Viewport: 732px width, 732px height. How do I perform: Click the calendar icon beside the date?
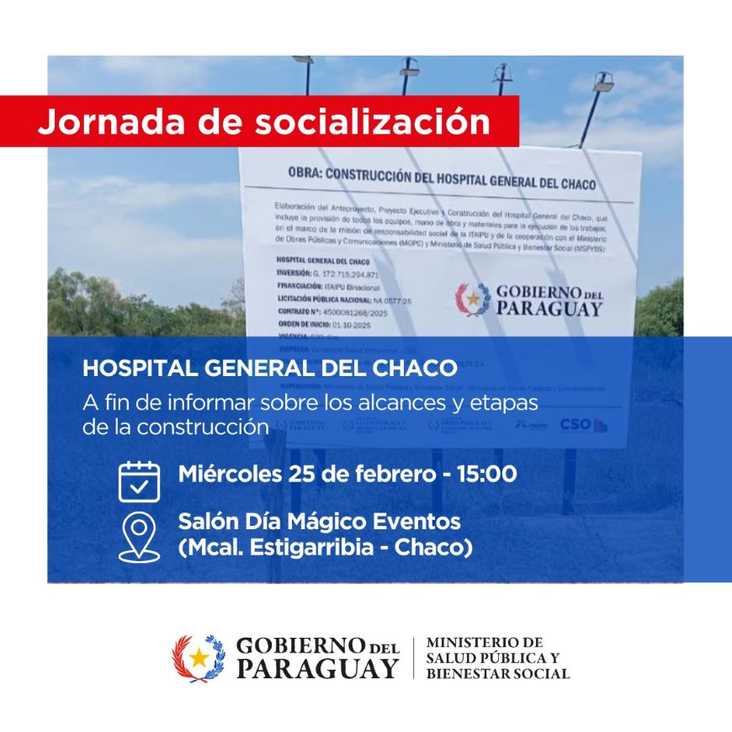click(x=139, y=481)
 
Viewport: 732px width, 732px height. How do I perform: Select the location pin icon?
click(x=139, y=536)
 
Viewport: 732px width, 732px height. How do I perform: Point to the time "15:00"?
click(x=486, y=474)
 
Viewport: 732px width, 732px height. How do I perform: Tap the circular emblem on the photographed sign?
click(x=473, y=300)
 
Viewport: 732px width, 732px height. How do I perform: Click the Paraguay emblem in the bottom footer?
click(x=199, y=658)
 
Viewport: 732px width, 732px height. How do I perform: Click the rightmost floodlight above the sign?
click(x=603, y=82)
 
